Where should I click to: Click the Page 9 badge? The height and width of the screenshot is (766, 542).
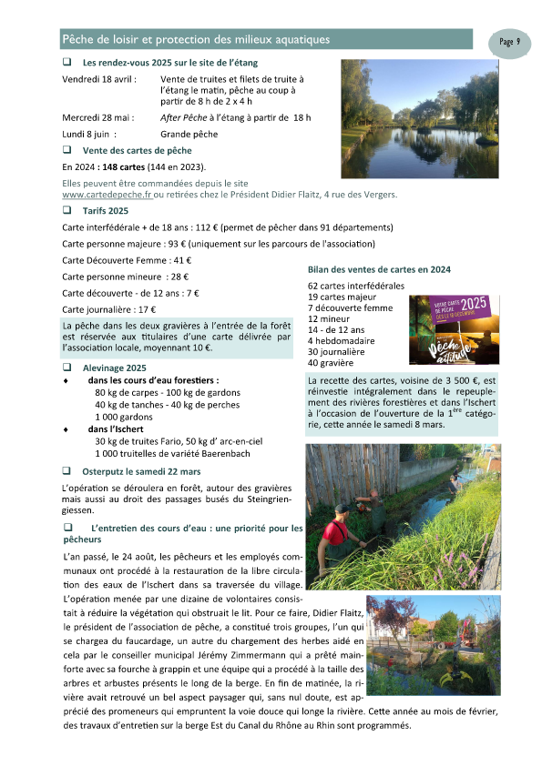pos(510,42)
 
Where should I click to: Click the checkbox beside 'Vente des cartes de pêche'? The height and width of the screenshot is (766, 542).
pos(66,149)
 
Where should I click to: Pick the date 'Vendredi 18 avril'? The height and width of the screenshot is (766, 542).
pos(98,80)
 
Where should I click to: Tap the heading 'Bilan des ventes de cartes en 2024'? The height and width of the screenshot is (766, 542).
pos(379,269)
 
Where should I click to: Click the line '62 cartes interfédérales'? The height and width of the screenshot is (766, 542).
pos(356,287)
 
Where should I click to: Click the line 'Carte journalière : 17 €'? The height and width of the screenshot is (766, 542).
pos(108,309)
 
